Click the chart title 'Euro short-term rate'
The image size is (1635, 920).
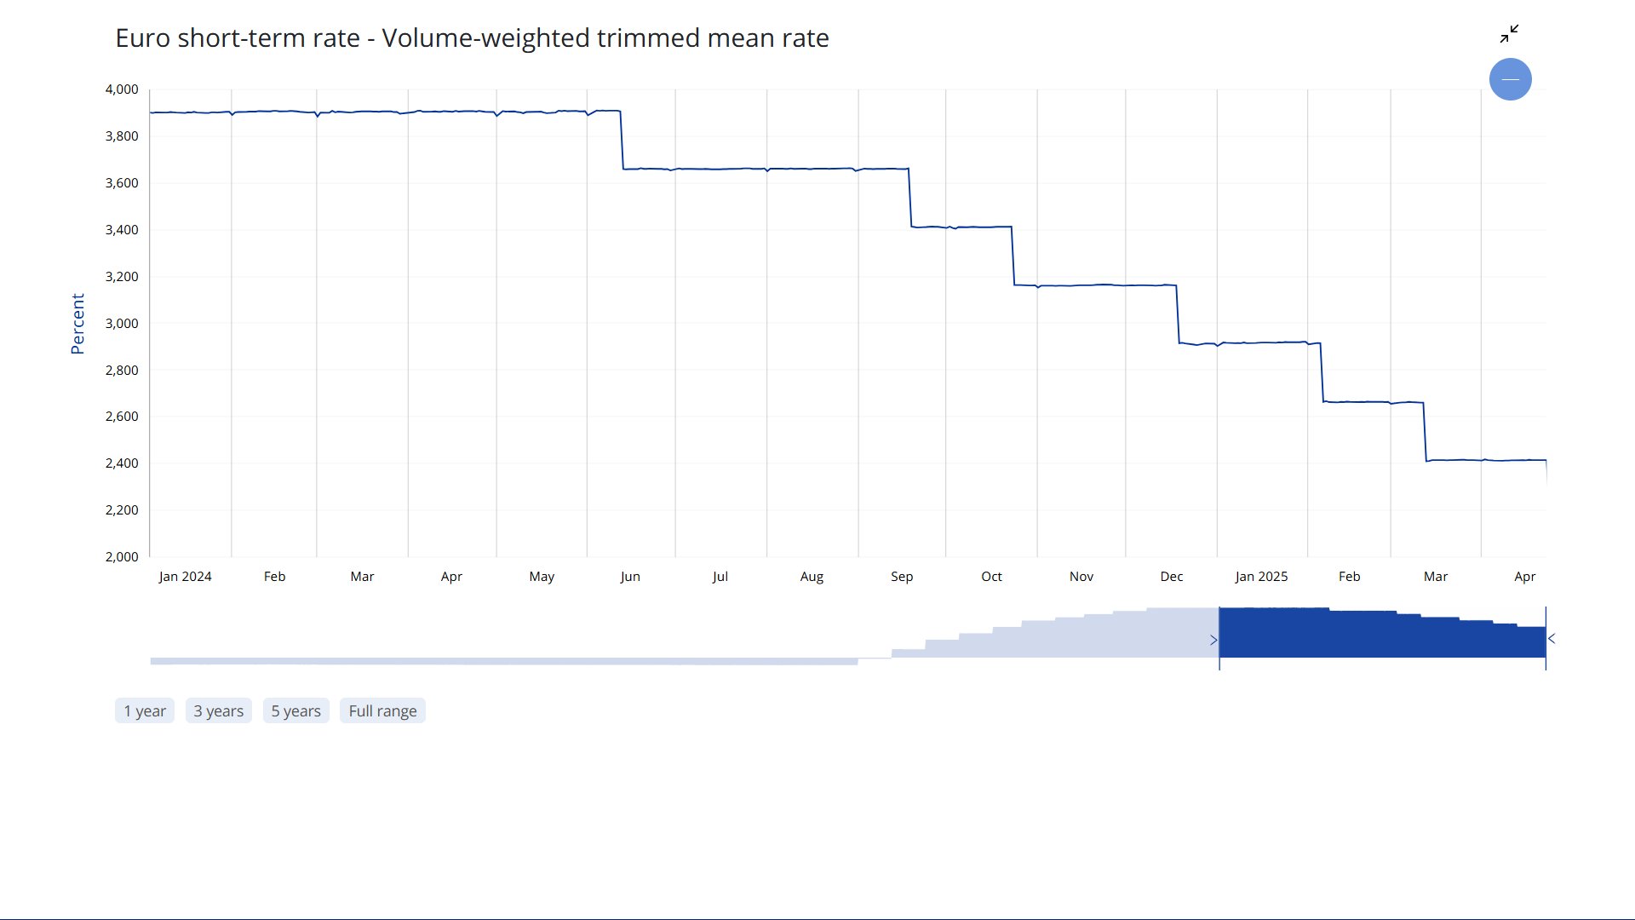click(x=472, y=38)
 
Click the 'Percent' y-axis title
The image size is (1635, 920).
click(x=77, y=324)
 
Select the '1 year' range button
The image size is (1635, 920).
click(x=145, y=711)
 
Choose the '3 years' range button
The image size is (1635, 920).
click(x=218, y=711)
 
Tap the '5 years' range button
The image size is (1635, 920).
click(x=295, y=711)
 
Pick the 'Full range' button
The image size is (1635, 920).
click(x=382, y=711)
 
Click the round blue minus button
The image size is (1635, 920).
click(x=1510, y=79)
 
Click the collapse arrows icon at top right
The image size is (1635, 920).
click(x=1509, y=34)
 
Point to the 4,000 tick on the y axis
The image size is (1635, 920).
click(x=122, y=89)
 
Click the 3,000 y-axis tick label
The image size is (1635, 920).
click(x=122, y=324)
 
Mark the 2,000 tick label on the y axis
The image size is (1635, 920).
click(x=122, y=557)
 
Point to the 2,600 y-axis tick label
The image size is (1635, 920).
click(x=122, y=417)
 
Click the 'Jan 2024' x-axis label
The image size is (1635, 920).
click(x=185, y=577)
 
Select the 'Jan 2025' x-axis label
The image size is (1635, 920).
click(x=1261, y=577)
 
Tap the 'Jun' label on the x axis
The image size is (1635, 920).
click(x=630, y=577)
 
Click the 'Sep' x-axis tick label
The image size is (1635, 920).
click(x=902, y=577)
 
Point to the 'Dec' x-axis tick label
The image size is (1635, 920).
click(x=1171, y=577)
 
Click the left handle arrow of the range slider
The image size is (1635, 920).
click(x=1213, y=640)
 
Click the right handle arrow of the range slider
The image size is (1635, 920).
click(x=1552, y=639)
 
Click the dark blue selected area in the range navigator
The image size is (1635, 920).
click(x=1381, y=635)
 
